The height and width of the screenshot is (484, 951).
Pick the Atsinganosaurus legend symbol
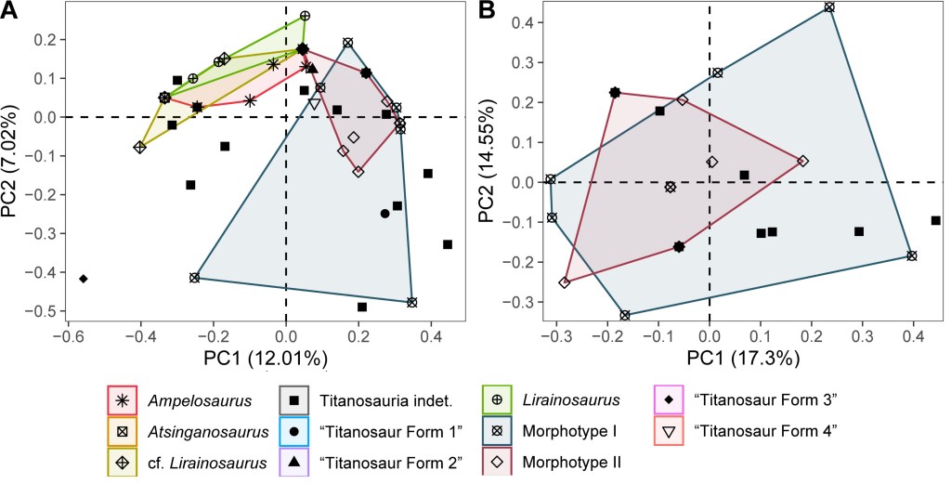[x=123, y=431]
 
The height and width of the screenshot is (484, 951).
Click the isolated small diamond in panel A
[x=84, y=279]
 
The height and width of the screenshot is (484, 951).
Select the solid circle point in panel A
[x=384, y=214]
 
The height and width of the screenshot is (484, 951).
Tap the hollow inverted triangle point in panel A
[x=315, y=104]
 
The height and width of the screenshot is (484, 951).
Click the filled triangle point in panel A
[x=312, y=69]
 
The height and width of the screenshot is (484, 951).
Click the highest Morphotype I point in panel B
[x=829, y=7]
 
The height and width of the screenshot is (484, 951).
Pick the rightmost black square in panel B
[x=935, y=220]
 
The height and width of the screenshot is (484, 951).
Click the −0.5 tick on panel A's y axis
[x=41, y=310]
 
